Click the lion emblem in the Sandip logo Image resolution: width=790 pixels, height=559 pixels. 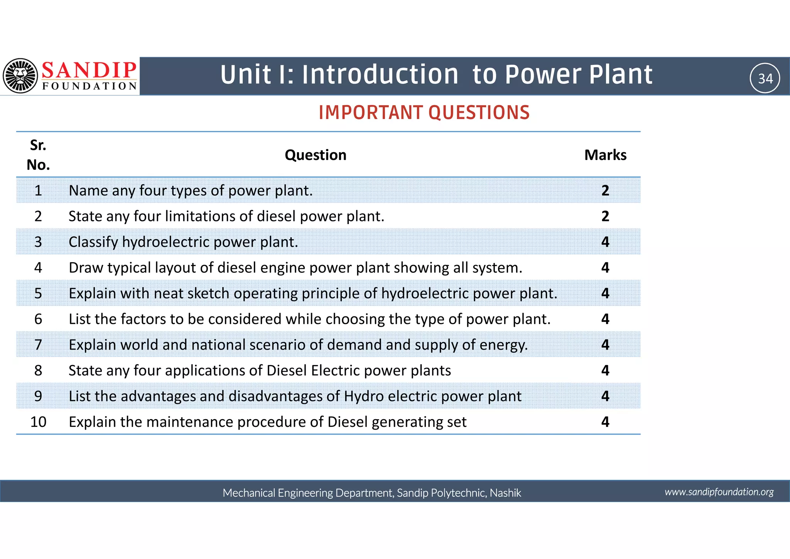(20, 76)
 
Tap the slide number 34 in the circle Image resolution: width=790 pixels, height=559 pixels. (765, 78)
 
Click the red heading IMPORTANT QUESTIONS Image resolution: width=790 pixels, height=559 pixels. (424, 113)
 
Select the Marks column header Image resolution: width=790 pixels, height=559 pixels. (605, 155)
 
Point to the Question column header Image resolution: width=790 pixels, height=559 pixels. (315, 155)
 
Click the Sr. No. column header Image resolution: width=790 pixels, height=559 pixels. (38, 155)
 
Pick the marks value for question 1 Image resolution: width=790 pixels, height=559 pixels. (605, 190)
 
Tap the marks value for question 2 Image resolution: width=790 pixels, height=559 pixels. (605, 216)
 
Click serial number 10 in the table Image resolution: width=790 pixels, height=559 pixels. (38, 422)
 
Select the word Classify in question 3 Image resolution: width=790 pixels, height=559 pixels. (93, 242)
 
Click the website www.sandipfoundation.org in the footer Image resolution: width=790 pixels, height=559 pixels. (719, 492)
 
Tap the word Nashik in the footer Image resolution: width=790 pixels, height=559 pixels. (505, 493)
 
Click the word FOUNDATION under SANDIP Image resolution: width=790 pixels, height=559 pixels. (89, 86)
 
